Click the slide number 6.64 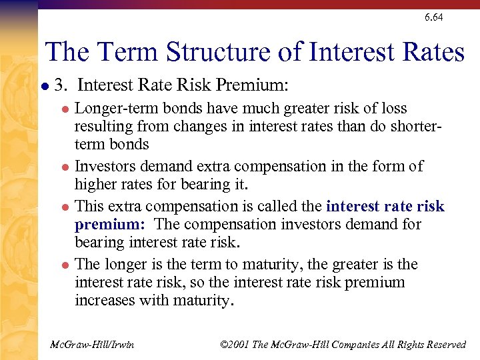pos(433,17)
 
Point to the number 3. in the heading pos(62,85)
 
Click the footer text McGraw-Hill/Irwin pos(92,345)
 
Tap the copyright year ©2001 pos(234,345)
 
